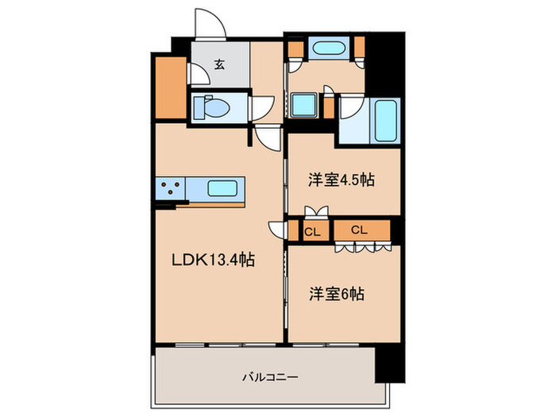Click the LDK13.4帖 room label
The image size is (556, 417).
[x=213, y=261]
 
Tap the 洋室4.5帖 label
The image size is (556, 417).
[x=341, y=180]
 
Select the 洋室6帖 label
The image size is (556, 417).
[x=337, y=294]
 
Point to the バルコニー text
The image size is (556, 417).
[x=270, y=377]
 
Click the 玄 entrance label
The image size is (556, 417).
[x=219, y=64]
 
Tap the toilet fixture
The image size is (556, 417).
[x=211, y=107]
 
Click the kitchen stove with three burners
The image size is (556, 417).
[x=170, y=187]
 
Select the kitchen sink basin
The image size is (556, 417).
[x=222, y=188]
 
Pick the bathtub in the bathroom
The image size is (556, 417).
[x=385, y=120]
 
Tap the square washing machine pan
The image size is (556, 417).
[x=303, y=104]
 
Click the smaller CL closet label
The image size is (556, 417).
[x=312, y=232]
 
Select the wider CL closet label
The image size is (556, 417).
[x=359, y=230]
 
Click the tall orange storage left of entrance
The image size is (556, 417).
[x=171, y=87]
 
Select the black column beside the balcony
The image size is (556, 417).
[x=390, y=365]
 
